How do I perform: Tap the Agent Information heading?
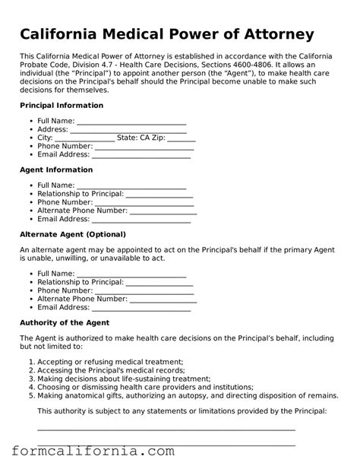point(55,170)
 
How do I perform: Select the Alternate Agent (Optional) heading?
point(72,234)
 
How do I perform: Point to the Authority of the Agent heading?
point(65,322)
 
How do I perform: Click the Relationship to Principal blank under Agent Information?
point(159,195)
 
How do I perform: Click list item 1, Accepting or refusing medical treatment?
point(110,362)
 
